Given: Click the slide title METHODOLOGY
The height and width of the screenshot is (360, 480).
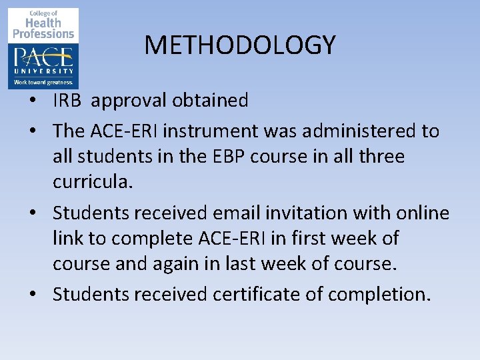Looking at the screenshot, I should tap(240, 45).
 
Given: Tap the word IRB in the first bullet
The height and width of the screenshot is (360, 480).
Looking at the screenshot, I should tap(69, 101).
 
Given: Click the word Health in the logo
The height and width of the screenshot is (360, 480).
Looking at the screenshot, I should tap(44, 23).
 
